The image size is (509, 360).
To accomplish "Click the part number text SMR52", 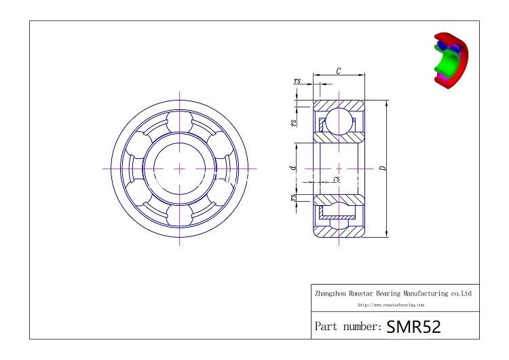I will pos(413,326).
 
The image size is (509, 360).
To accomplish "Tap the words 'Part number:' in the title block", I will pos(348,327).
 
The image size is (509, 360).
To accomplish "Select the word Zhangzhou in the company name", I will pos(331,294).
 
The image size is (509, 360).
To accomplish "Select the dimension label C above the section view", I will pos(338,71).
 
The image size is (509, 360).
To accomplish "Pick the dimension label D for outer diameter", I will pos(382,168).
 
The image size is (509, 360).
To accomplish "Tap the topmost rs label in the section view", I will pos(297,81).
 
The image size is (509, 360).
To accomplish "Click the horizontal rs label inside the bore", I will pos(337,179).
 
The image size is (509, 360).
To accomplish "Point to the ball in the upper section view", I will pos(338,123).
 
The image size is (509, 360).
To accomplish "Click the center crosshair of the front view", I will pos(180,167).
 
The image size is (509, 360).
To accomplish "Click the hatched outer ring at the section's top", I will pos(338,105).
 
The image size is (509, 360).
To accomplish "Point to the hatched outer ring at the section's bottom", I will pos(338,230).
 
